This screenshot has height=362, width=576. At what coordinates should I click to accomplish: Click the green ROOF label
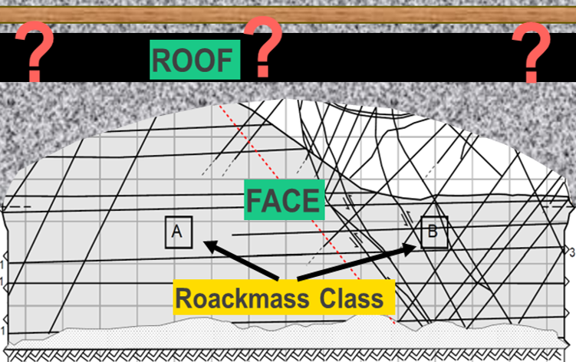click(x=195, y=60)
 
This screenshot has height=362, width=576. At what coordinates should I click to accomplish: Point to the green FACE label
click(x=285, y=200)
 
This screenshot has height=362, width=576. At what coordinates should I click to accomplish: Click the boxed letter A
click(x=179, y=232)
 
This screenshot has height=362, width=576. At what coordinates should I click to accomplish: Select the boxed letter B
click(x=434, y=232)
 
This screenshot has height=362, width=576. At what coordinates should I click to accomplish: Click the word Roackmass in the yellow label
click(x=242, y=298)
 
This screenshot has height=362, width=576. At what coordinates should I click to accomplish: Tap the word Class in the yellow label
click(x=351, y=298)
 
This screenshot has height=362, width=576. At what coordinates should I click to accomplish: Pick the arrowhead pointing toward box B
click(x=409, y=248)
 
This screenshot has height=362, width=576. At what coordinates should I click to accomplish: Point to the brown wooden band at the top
click(x=288, y=15)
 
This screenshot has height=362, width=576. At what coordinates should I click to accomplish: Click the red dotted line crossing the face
click(x=307, y=215)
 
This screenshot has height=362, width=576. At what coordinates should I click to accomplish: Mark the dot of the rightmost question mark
click(x=532, y=77)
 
